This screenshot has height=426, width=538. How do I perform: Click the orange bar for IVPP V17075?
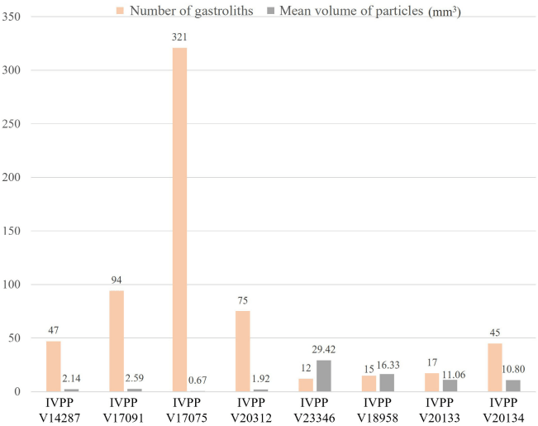coord(179,219)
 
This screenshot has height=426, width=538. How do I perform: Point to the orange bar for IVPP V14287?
coord(53,366)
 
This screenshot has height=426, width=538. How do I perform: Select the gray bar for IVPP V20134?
coord(512,385)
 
